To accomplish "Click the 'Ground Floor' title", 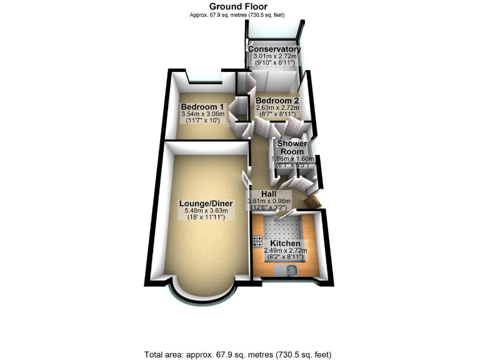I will [240, 7].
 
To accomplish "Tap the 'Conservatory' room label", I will [274, 49].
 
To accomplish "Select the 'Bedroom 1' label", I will [202, 106].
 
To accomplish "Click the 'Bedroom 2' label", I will [277, 101].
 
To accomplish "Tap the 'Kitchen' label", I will [285, 242].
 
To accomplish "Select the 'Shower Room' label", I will [291, 147].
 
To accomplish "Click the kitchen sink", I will [292, 271].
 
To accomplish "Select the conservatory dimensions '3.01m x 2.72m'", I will [275, 56].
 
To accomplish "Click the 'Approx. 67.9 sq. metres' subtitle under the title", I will [240, 14].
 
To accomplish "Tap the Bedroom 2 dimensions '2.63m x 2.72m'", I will [277, 107].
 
